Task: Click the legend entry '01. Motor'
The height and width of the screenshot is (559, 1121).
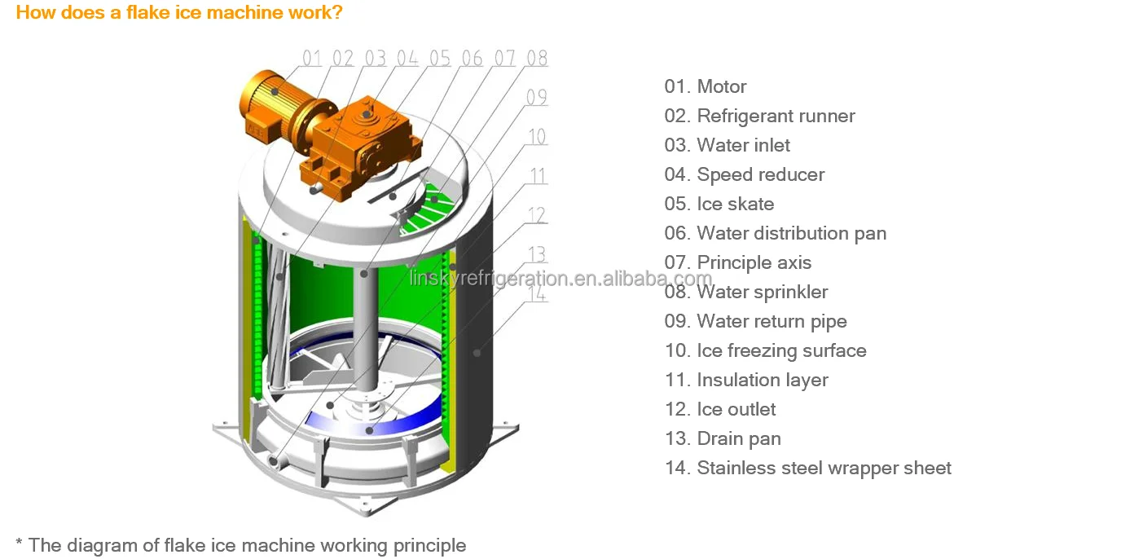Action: tap(706, 86)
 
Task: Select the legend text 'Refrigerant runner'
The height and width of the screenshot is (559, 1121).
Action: tap(776, 116)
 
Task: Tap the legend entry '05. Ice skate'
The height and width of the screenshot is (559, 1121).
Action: tap(719, 204)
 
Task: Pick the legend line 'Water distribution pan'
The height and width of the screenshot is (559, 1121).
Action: tap(791, 233)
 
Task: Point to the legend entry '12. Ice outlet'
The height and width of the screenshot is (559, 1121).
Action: tap(720, 409)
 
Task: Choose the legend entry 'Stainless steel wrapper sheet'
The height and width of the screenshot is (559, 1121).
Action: tap(824, 468)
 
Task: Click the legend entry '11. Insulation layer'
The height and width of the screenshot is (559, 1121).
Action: tap(746, 380)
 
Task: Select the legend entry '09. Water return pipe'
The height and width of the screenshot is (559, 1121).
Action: tap(756, 321)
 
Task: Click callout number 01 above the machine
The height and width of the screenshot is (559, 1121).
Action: tap(313, 58)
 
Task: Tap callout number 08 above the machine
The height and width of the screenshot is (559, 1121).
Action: tap(537, 58)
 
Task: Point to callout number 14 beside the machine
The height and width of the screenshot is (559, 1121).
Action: tap(537, 293)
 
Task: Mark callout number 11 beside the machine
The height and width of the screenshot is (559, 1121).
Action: tap(537, 176)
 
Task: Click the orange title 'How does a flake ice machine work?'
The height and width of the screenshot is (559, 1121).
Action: tap(179, 12)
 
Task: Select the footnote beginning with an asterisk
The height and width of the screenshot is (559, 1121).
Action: tap(241, 545)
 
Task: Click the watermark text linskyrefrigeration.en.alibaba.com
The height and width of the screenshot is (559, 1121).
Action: tap(560, 279)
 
